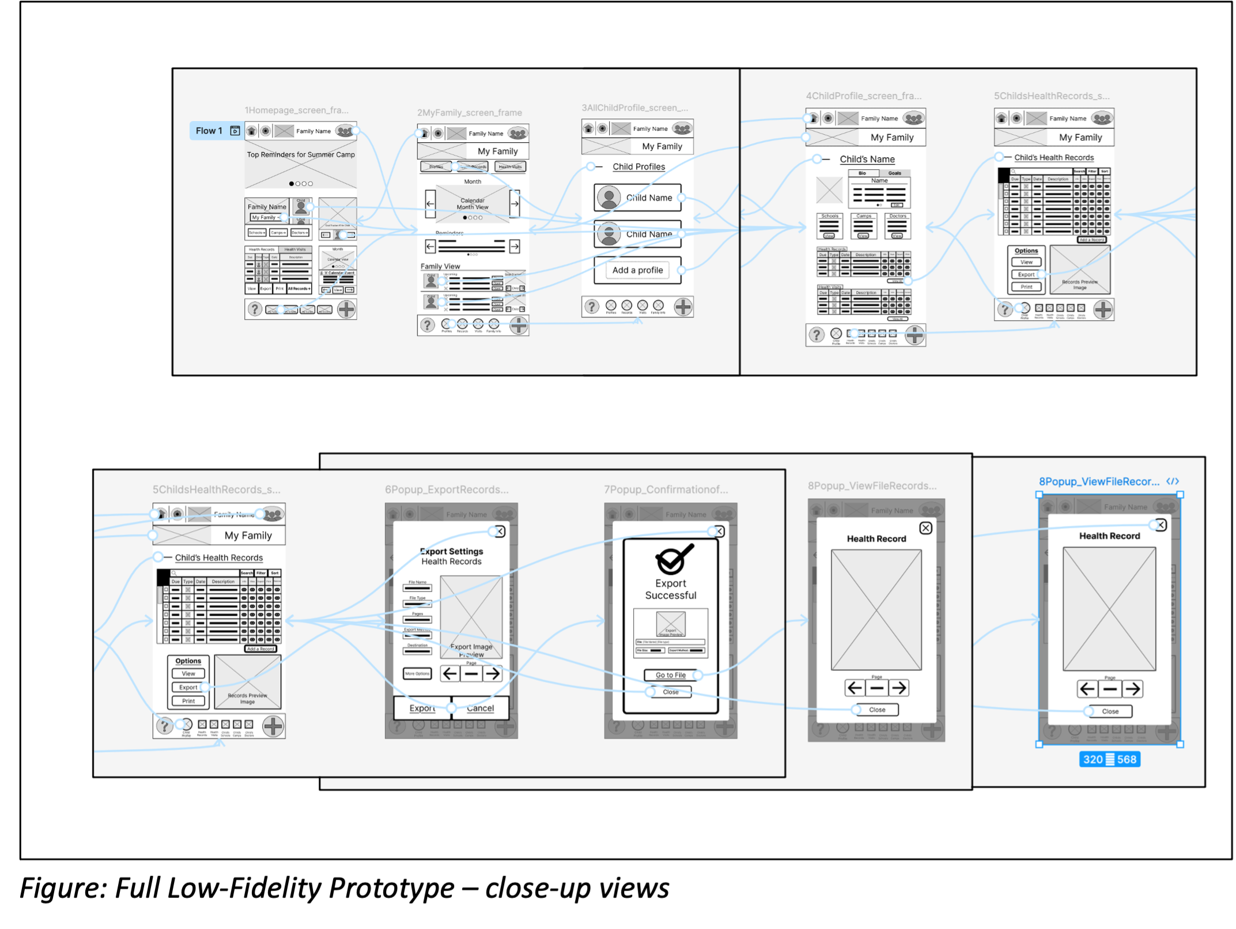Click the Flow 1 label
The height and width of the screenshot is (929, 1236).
tap(209, 131)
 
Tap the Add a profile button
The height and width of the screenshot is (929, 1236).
tap(637, 270)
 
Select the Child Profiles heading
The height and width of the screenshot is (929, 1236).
tap(638, 166)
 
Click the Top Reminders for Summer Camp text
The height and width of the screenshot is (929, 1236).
tap(301, 154)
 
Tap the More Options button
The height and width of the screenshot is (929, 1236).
tap(417, 673)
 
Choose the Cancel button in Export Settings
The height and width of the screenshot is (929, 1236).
tap(480, 708)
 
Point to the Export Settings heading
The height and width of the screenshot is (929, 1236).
tap(451, 551)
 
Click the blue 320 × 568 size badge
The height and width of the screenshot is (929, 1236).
tap(1109, 759)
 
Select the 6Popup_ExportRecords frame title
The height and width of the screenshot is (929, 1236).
tap(447, 490)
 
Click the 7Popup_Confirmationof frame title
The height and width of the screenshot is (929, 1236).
tap(666, 490)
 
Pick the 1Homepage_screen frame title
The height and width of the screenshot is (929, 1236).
tap(296, 110)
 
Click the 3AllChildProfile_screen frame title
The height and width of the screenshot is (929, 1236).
tap(634, 108)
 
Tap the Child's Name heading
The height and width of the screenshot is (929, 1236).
tap(867, 159)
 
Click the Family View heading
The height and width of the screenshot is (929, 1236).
tap(440, 266)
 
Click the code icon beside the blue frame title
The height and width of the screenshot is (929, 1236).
tap(1172, 481)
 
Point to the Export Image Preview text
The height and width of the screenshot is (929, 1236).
tap(471, 650)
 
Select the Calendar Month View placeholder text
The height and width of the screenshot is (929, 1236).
tap(473, 204)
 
